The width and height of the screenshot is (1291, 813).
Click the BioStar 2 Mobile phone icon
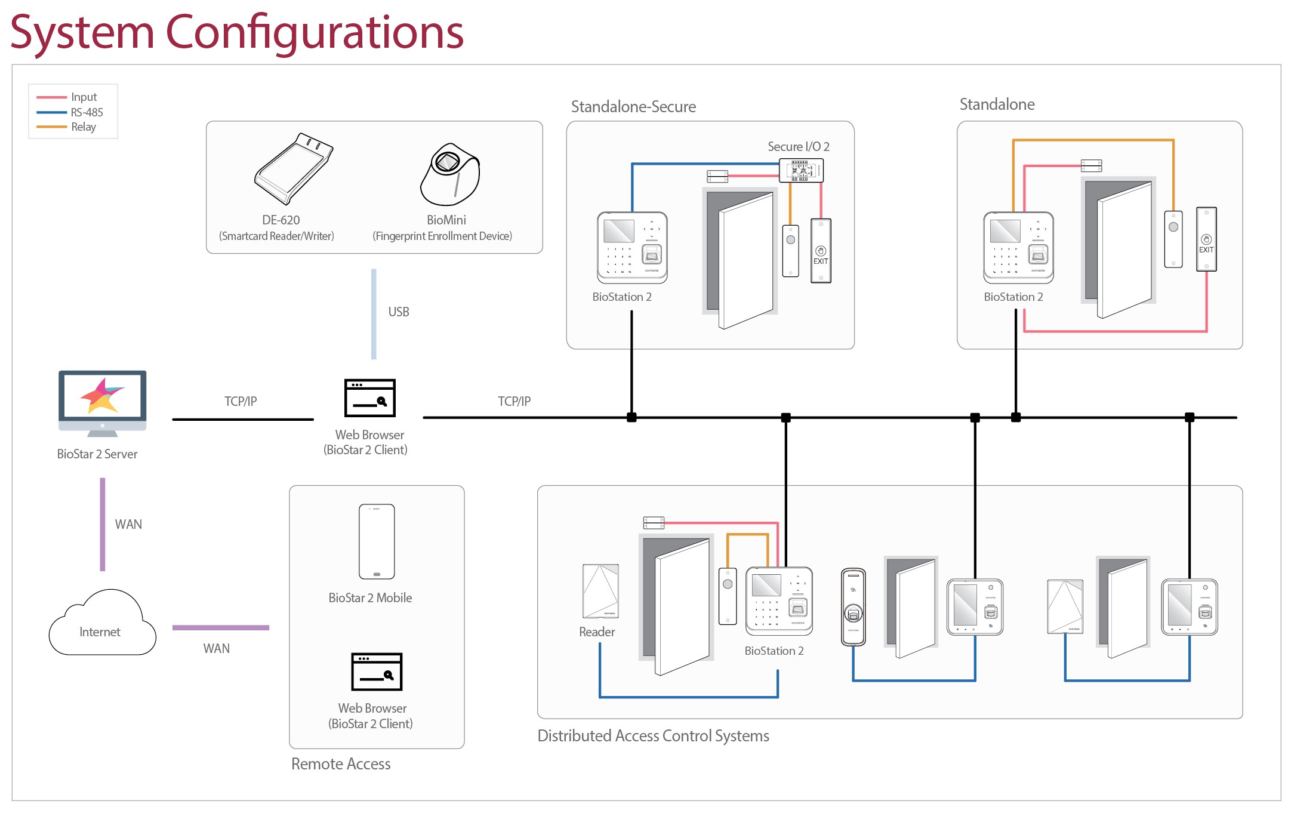coord(377,541)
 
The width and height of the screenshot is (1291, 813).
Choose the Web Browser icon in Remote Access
coord(377,672)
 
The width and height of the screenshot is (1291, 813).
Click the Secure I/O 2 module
coord(801,170)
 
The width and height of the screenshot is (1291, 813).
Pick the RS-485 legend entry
coord(87,112)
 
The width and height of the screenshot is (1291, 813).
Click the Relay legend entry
coord(83,127)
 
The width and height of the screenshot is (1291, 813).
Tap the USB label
coord(399,312)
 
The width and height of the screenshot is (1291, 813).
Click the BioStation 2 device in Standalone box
coord(1018,247)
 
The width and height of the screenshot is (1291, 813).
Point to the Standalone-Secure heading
coord(633,107)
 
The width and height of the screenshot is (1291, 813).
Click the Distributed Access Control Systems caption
coord(653,736)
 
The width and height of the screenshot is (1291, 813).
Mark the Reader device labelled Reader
coord(600,591)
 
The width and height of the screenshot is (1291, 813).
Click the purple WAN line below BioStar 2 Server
coord(103,524)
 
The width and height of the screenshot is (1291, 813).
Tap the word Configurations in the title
coord(314,32)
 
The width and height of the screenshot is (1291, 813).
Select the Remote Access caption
coord(341,764)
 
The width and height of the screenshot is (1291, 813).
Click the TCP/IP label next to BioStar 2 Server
coord(241,401)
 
